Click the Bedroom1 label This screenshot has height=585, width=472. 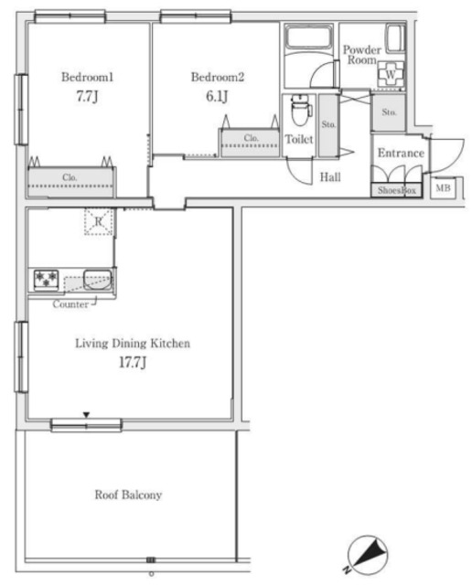tap(88, 77)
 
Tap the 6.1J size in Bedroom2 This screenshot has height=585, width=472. tap(217, 96)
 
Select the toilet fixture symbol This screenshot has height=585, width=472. tap(301, 110)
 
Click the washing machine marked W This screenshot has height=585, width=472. tap(391, 74)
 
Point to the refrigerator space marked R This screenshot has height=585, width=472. tap(99, 221)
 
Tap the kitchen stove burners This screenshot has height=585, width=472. tap(47, 280)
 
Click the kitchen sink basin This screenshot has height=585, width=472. tap(98, 281)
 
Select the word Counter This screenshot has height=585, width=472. tap(70, 304)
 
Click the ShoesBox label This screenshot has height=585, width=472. tap(397, 190)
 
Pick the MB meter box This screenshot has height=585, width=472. tap(444, 188)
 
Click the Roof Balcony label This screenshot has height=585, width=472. tap(128, 495)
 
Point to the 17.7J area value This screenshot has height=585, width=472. tap(133, 362)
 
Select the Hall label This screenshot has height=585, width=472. tap(330, 176)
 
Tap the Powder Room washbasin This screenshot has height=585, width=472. tap(395, 38)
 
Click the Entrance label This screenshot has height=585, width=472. tap(401, 153)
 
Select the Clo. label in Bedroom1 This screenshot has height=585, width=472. tap(70, 177)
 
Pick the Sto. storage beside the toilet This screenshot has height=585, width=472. tap(328, 124)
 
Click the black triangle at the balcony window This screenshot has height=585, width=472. tap(87, 415)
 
